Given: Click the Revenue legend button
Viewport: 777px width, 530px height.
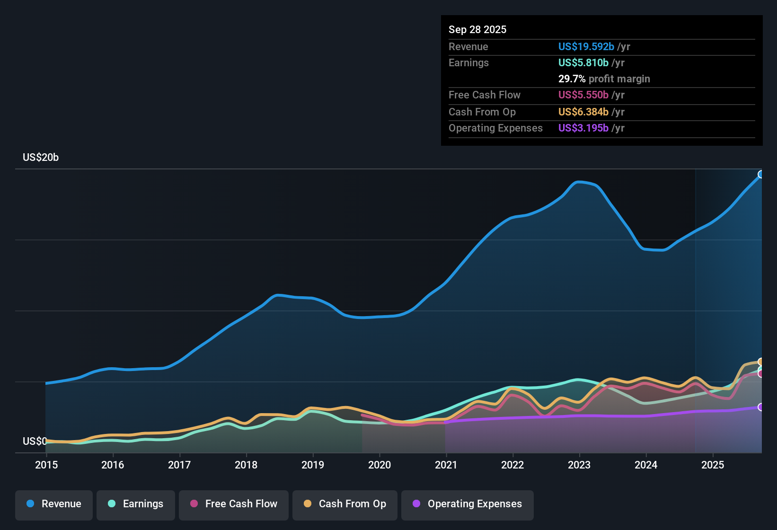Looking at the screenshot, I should coord(54,504).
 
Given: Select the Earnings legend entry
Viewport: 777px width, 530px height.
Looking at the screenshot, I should coord(136,504).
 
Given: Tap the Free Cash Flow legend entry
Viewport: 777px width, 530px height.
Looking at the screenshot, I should coord(234,504).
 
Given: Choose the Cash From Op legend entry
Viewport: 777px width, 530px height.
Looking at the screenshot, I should coord(345,504).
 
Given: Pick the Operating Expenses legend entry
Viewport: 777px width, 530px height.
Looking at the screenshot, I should coord(468,504).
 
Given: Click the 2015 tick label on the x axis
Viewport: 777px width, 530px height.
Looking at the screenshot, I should coord(46,465).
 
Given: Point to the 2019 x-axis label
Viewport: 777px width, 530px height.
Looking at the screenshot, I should coord(313,465).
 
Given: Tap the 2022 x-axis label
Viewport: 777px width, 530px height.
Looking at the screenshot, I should coord(512,465).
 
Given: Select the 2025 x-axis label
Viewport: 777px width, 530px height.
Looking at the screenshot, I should coord(713,465).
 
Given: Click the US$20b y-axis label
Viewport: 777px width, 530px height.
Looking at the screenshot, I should coord(41,158).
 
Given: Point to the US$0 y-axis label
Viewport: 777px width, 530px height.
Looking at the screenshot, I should coord(35,441).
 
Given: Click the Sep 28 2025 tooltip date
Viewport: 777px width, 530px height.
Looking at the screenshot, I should coord(477,30).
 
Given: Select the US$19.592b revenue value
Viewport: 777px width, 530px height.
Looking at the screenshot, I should coord(586,47).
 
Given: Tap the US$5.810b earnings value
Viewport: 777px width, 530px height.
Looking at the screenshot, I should coord(583,63).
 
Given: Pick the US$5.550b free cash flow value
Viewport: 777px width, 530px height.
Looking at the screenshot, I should coord(583,95).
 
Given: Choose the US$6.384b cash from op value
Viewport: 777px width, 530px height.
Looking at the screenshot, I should coord(583,112).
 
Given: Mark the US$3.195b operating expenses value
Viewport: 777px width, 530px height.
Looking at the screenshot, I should coord(583,128).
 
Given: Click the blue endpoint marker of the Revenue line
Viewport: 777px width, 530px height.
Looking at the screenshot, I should coord(761,175).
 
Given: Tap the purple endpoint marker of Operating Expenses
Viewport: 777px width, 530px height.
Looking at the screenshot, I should coord(761,407).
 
